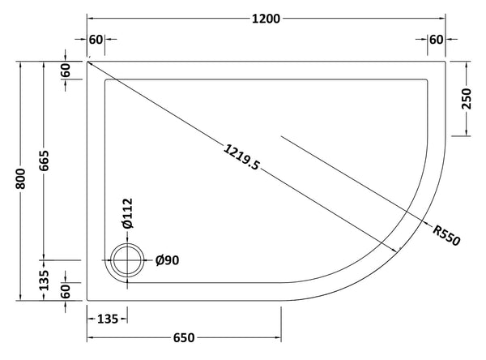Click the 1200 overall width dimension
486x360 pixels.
point(266,19)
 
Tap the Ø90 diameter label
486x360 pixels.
point(167,260)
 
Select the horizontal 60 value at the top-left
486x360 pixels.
point(96,40)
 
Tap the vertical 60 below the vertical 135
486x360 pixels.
point(65,289)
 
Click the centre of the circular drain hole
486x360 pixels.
point(126,261)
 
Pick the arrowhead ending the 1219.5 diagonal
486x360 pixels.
point(403,249)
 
